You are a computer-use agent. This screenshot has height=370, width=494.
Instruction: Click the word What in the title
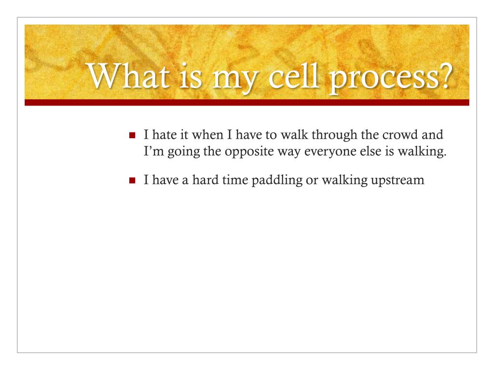pos(127,76)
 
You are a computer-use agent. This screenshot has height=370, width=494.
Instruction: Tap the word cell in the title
pos(293,76)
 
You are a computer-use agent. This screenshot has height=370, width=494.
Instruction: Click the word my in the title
pos(235,80)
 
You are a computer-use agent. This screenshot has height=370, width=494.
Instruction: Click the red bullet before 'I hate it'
pos(132,135)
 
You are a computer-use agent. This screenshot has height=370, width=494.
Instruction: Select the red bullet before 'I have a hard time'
pos(132,181)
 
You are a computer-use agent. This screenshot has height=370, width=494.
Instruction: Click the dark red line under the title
pos(247,102)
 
